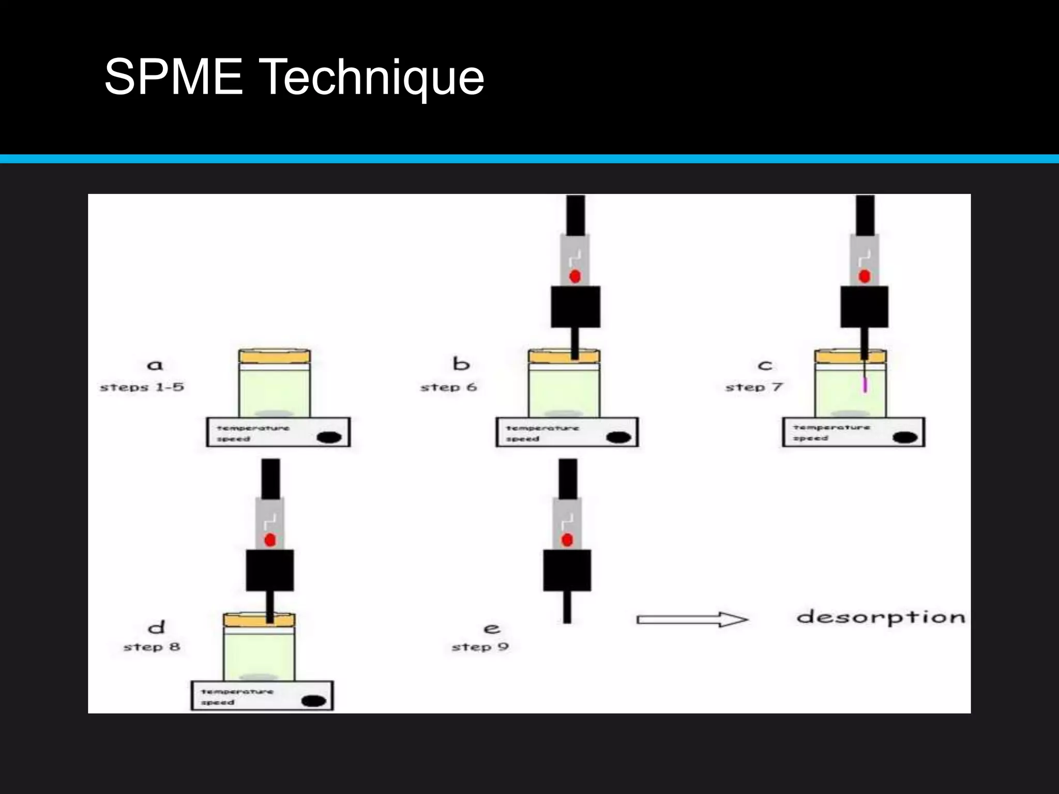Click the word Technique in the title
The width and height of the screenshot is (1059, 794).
373,78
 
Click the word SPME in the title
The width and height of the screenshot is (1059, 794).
174,78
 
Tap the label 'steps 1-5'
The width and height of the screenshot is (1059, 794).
142,387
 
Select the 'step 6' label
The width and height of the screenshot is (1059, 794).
448,387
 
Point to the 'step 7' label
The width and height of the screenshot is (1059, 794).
754,387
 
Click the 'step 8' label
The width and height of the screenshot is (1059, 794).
152,647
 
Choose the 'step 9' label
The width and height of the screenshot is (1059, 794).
480,647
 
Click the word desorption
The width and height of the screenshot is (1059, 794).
881,617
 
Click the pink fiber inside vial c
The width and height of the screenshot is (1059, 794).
865,385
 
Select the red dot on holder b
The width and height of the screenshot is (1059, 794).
574,277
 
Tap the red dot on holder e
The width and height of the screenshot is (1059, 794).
567,540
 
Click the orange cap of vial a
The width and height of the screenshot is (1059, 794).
275,356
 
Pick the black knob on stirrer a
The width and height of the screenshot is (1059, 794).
329,437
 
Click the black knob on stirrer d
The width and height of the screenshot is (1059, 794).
313,701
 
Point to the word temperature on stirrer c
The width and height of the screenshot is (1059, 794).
831,427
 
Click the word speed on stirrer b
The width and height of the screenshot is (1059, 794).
522,439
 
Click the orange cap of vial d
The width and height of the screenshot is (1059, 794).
259,619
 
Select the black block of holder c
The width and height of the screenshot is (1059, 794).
864,307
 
